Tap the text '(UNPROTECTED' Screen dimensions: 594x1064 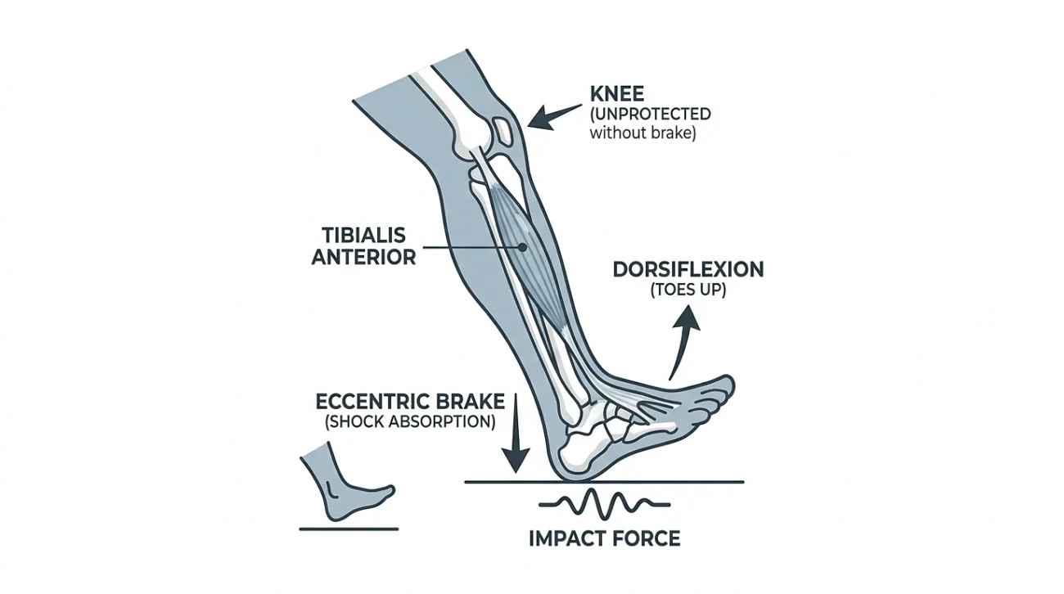650,113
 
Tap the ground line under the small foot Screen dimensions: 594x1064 349,529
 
